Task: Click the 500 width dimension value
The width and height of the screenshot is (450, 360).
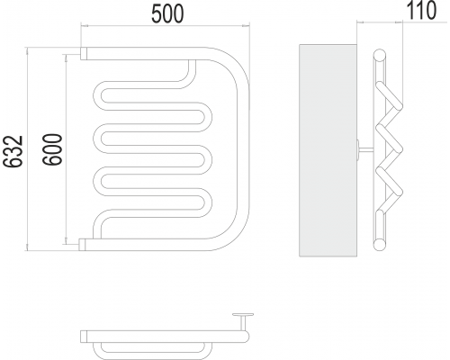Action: [x=167, y=13]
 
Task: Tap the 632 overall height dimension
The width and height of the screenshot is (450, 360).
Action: [x=13, y=151]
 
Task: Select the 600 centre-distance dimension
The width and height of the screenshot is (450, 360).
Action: [x=52, y=149]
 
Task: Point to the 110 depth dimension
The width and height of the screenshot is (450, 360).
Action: [x=421, y=10]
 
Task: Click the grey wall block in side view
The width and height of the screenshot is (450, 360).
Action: [x=328, y=150]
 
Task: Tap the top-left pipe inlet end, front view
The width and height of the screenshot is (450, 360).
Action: [x=84, y=53]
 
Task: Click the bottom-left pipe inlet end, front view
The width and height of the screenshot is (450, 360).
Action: [x=83, y=245]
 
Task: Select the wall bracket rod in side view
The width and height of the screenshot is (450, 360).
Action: [x=365, y=148]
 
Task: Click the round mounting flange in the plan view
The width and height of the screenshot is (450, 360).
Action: [x=243, y=315]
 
